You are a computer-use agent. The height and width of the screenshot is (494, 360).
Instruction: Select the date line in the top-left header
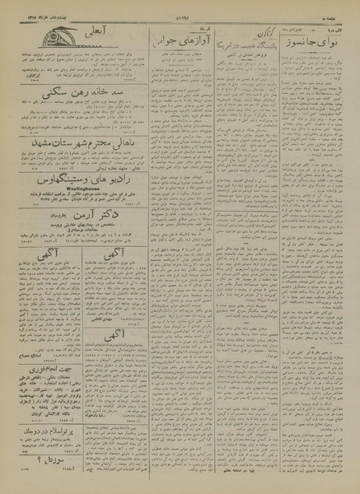pyautogui.click(x=33, y=11)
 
